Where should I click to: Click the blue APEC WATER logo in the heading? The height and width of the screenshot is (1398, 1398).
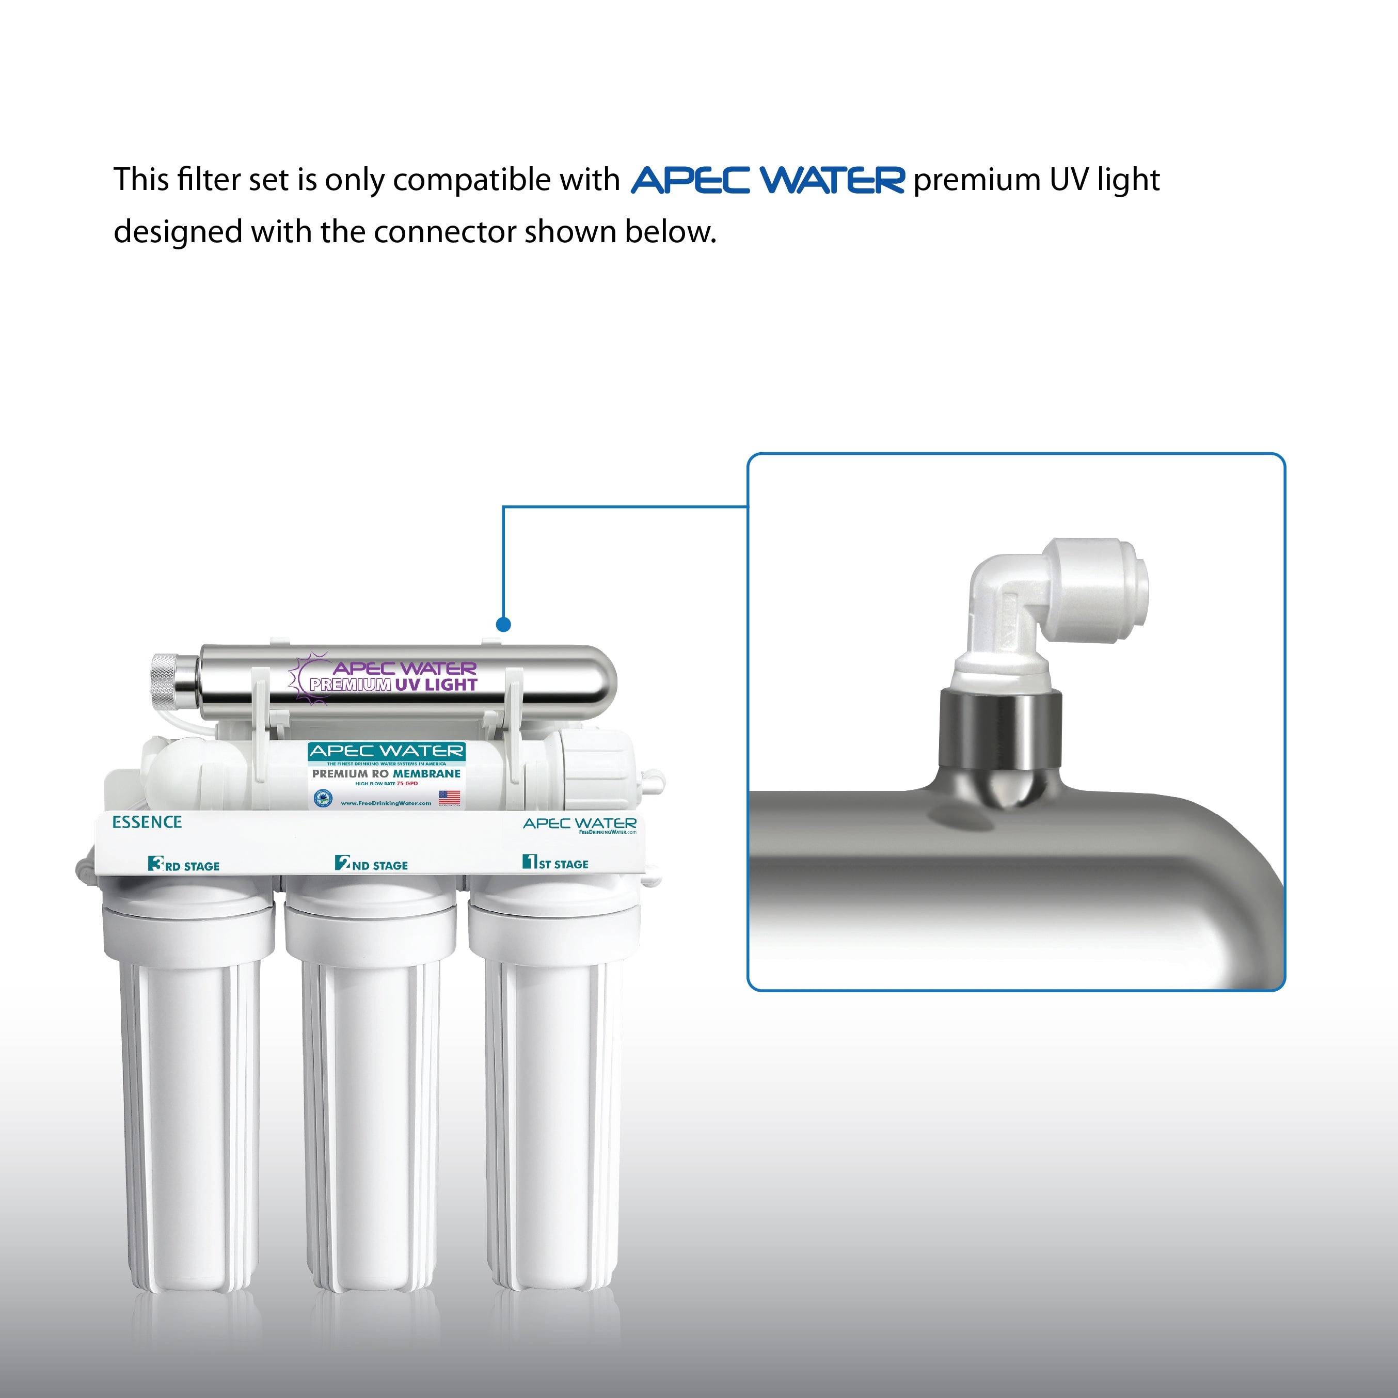coord(767,180)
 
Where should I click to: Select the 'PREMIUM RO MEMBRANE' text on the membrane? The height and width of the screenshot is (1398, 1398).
coord(386,773)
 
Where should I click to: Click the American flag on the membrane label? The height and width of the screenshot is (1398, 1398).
coord(449,798)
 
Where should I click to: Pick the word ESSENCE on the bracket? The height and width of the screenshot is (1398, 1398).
coord(147,822)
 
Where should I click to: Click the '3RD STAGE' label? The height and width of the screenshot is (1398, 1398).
coord(184,865)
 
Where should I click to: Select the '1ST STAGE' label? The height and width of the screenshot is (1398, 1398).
coord(555,863)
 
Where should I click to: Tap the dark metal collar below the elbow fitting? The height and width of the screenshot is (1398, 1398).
coord(1000,727)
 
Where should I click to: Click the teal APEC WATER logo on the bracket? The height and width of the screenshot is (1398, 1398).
coord(580,823)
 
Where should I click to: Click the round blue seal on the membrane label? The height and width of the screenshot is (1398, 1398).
coord(322,798)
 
